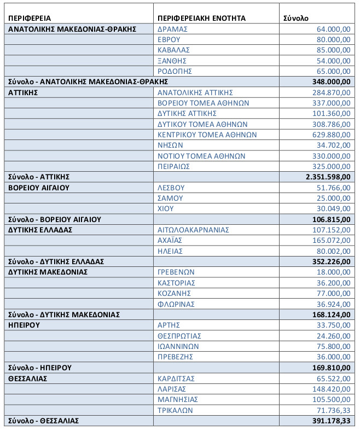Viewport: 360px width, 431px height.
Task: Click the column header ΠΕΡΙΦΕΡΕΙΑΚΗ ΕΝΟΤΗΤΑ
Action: pos(201,18)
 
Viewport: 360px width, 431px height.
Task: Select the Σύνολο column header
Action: pos(295,18)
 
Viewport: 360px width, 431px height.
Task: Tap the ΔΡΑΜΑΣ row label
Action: pos(172,28)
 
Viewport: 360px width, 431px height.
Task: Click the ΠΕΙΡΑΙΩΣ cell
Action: pos(173,166)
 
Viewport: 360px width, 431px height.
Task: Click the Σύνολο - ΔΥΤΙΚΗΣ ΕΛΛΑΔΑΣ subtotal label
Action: pos(56,261)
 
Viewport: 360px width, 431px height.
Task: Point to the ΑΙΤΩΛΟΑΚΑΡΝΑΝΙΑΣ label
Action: pos(193,230)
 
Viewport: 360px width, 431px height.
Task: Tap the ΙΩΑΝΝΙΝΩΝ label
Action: pos(178,346)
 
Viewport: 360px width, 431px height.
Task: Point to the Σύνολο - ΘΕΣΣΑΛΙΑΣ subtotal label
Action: pos(43,421)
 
